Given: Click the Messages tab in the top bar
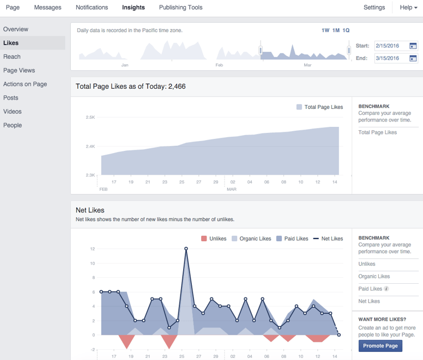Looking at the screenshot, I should pos(47,8).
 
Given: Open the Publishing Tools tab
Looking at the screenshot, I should pos(180,8).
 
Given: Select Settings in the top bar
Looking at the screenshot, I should pos(374,8).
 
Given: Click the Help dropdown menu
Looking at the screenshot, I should pos(408,8).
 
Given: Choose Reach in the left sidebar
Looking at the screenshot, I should pos(12,57).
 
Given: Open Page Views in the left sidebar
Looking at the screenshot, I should pos(19,70).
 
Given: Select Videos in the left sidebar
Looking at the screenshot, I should pos(13,112).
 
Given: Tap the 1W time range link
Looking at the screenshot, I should pos(325,30).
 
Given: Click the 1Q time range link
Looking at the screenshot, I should pos(346,30).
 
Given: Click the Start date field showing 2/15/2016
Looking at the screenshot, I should pos(390,46).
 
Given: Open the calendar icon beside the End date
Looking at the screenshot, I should pos(413,58).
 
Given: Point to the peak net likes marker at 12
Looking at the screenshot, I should pos(186,249).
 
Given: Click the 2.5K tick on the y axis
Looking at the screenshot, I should pos(90,117).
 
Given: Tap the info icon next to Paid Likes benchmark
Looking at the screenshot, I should pos(386,289).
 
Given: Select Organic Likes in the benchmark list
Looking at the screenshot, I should pos(374,277).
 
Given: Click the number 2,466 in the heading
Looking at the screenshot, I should pos(177,86).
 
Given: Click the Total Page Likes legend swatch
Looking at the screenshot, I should pos(299,107).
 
